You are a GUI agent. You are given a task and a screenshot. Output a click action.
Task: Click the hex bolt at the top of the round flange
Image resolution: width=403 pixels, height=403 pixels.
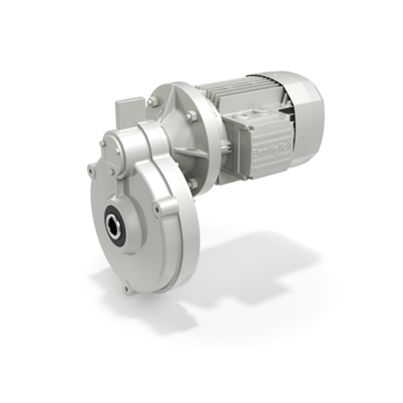click(152, 102)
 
